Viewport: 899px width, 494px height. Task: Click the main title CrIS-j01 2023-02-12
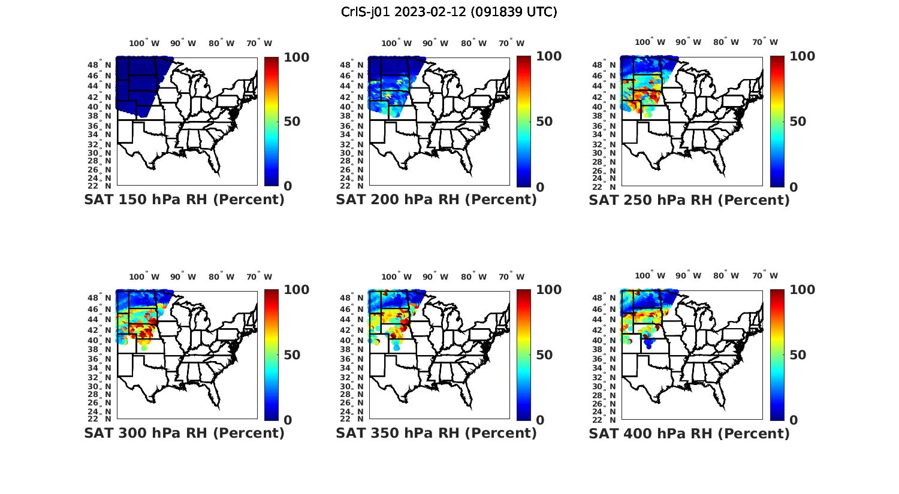449,12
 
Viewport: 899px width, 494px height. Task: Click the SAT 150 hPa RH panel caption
184,200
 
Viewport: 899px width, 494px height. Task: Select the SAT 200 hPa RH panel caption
436,200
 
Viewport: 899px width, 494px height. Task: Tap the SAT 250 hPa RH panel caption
689,200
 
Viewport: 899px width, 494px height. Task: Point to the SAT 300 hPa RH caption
184,433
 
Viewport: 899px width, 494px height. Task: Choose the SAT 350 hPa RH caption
436,433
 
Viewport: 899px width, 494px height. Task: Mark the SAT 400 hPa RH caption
689,433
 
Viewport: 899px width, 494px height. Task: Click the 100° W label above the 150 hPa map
144,43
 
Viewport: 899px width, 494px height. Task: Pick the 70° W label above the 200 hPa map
512,43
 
